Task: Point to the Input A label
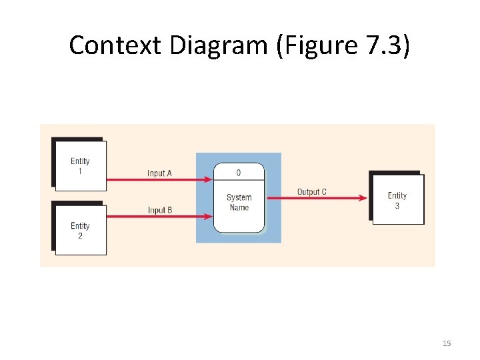pos(160,173)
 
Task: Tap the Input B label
pos(160,210)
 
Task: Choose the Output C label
pos(312,192)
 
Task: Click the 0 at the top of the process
pos(239,173)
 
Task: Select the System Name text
pos(239,202)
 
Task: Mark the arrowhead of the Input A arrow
pos(209,179)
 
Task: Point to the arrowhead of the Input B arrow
pos(209,217)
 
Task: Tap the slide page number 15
pos(447,343)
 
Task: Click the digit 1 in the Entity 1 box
pos(80,170)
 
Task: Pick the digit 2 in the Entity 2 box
pos(80,235)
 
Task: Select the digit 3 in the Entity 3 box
pos(397,205)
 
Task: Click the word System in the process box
pos(239,197)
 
